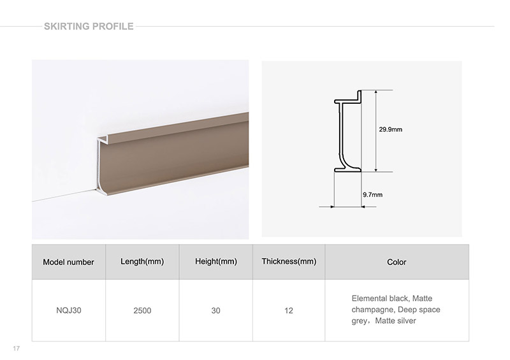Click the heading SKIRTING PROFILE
pos(89,26)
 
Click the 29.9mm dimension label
pos(390,129)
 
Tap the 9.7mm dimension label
pos(373,195)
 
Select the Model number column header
pos(68,262)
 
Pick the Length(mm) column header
pos(142,261)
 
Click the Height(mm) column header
pos(216,261)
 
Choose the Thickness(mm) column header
pos(289,261)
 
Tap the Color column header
pos(397,262)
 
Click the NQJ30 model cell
pos(69,310)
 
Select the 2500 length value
pos(142,310)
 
